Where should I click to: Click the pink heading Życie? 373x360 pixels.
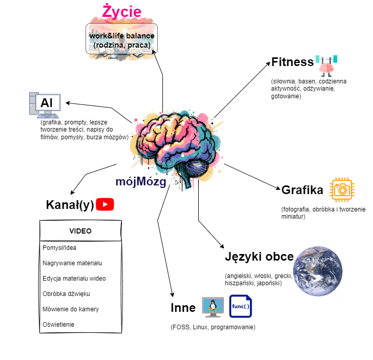pyautogui.click(x=121, y=11)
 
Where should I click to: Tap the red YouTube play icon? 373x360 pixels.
pyautogui.click(x=105, y=205)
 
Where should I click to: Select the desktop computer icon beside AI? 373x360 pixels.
pyautogui.click(x=44, y=104)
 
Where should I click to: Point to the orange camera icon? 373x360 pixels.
pyautogui.click(x=341, y=190)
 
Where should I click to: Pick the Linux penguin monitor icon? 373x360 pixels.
pyautogui.click(x=212, y=307)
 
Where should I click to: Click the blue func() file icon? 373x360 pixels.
pyautogui.click(x=240, y=307)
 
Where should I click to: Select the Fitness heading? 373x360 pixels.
pyautogui.click(x=292, y=62)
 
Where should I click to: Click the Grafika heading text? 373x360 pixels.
pyautogui.click(x=302, y=190)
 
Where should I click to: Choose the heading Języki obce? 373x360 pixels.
pyautogui.click(x=259, y=257)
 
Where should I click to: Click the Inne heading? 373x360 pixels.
pyautogui.click(x=183, y=308)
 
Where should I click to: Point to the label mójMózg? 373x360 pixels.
pyautogui.click(x=140, y=182)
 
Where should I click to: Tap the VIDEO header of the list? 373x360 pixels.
pyautogui.click(x=80, y=231)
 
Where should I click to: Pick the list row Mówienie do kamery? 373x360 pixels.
pyautogui.click(x=71, y=309)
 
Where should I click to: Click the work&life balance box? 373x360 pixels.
pyautogui.click(x=121, y=40)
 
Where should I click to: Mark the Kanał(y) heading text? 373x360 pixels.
pyautogui.click(x=70, y=205)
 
